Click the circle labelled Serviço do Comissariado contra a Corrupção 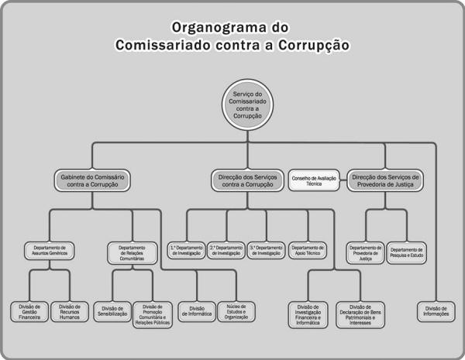click(247, 105)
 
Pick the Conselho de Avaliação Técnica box click(314, 180)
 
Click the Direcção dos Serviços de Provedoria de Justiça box click(385, 180)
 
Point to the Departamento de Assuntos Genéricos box click(49, 250)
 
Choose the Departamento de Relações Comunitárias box click(131, 250)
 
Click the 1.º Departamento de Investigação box click(186, 250)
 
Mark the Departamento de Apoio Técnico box click(308, 250)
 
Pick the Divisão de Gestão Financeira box click(29, 311)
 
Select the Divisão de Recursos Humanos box click(71, 311)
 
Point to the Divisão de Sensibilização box click(112, 311)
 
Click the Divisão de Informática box click(195, 311)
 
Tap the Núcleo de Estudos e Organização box click(235, 311)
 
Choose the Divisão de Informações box click(436, 311)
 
